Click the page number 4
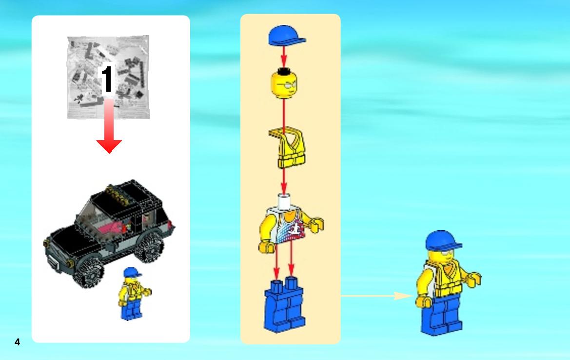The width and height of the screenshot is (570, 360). pyautogui.click(x=17, y=342)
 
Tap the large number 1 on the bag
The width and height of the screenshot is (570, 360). pyautogui.click(x=107, y=79)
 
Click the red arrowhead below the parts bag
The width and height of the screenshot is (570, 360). pyautogui.click(x=109, y=146)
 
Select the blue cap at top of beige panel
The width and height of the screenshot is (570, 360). pyautogui.click(x=286, y=36)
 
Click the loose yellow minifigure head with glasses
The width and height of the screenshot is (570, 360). pyautogui.click(x=284, y=84)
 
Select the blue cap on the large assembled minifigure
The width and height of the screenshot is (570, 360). pyautogui.click(x=443, y=240)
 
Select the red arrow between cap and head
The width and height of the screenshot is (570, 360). pyautogui.click(x=284, y=57)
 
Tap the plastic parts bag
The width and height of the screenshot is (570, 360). pyautogui.click(x=108, y=77)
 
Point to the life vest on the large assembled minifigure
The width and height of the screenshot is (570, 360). pyautogui.click(x=445, y=278)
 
